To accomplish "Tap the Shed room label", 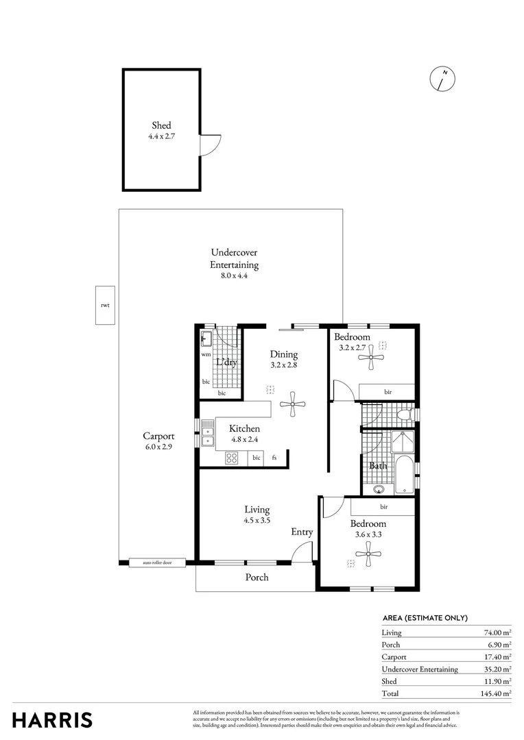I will pyautogui.click(x=161, y=125).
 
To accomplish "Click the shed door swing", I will pyautogui.click(x=210, y=145).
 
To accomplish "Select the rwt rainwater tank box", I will pyautogui.click(x=104, y=305).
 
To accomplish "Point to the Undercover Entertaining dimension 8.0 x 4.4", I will pyautogui.click(x=234, y=275).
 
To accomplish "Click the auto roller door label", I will pyautogui.click(x=156, y=563).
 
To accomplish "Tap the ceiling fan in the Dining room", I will pyautogui.click(x=293, y=404).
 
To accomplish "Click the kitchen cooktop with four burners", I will pyautogui.click(x=232, y=458).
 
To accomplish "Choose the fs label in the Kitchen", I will pyautogui.click(x=274, y=458).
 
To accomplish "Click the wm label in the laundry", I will pyautogui.click(x=206, y=355).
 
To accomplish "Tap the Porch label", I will pyautogui.click(x=257, y=577).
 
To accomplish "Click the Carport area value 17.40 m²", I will pyautogui.click(x=497, y=656).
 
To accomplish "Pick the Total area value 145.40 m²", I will pyautogui.click(x=495, y=693).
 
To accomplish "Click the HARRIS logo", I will pyautogui.click(x=52, y=720).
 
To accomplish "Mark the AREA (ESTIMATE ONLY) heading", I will pyautogui.click(x=425, y=617).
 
